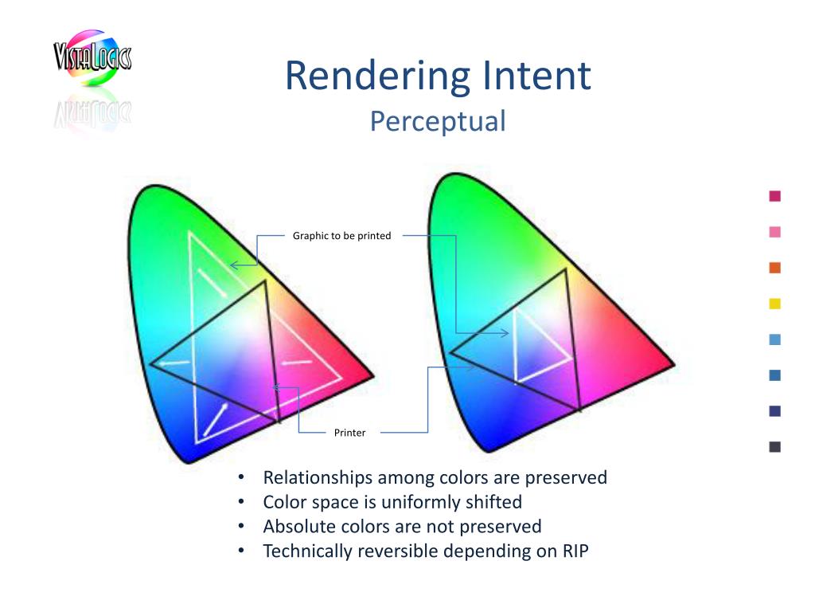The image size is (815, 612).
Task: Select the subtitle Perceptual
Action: [438, 122]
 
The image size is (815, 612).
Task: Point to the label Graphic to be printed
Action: [342, 236]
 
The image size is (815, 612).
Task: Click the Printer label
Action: [350, 433]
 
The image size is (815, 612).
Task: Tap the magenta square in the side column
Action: [775, 196]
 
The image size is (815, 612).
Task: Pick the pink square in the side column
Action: [775, 232]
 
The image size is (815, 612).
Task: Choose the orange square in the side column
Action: [775, 268]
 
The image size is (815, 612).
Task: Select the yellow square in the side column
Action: [775, 304]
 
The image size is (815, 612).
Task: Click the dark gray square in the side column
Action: [775, 447]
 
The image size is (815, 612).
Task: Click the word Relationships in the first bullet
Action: [318, 478]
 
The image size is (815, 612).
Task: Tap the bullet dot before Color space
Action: [240, 503]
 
